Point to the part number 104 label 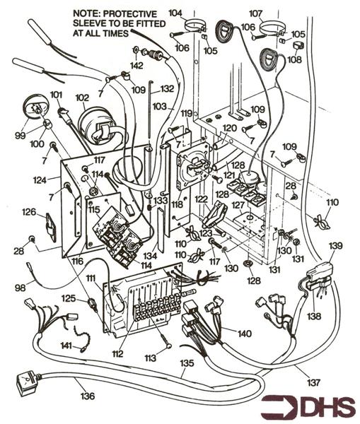(175, 13)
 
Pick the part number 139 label (335, 246)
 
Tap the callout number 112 (117, 353)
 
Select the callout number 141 (66, 346)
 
